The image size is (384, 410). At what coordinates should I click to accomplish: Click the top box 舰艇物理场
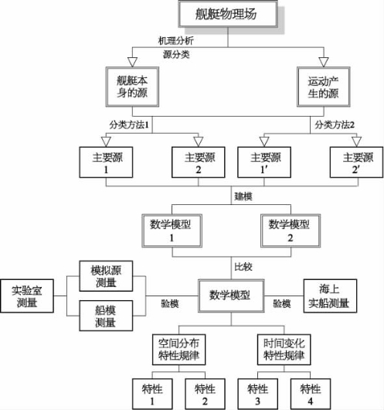coord(228,14)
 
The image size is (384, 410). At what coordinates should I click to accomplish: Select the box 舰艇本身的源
coord(132,87)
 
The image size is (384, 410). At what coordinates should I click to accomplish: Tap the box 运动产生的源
coord(324,87)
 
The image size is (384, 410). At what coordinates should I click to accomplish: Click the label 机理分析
coord(176,40)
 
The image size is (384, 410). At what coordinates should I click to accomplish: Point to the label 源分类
coord(176,54)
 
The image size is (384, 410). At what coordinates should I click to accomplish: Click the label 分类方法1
coord(129,125)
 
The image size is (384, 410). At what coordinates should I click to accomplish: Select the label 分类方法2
coord(335,125)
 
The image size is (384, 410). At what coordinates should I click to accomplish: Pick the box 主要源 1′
coord(264,162)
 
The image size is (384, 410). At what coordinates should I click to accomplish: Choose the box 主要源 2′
coord(357,162)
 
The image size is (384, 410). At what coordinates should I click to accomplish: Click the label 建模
coord(243,196)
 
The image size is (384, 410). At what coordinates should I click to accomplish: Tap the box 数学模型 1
coord(172,231)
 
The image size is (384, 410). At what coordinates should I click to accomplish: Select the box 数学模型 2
coord(291,231)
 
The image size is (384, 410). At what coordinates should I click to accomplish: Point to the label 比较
coord(243,267)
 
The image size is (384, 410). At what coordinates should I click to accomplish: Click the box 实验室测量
coord(27,296)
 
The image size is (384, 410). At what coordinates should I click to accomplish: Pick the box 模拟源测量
coord(106,276)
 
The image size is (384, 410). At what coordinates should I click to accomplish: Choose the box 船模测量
coord(106,316)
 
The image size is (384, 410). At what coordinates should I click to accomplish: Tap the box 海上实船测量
coord(330,296)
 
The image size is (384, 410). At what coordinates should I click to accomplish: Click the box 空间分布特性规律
coord(179,350)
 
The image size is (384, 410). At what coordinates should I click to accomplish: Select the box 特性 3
coord(257,394)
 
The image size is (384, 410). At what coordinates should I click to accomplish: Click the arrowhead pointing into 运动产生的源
coord(324,62)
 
